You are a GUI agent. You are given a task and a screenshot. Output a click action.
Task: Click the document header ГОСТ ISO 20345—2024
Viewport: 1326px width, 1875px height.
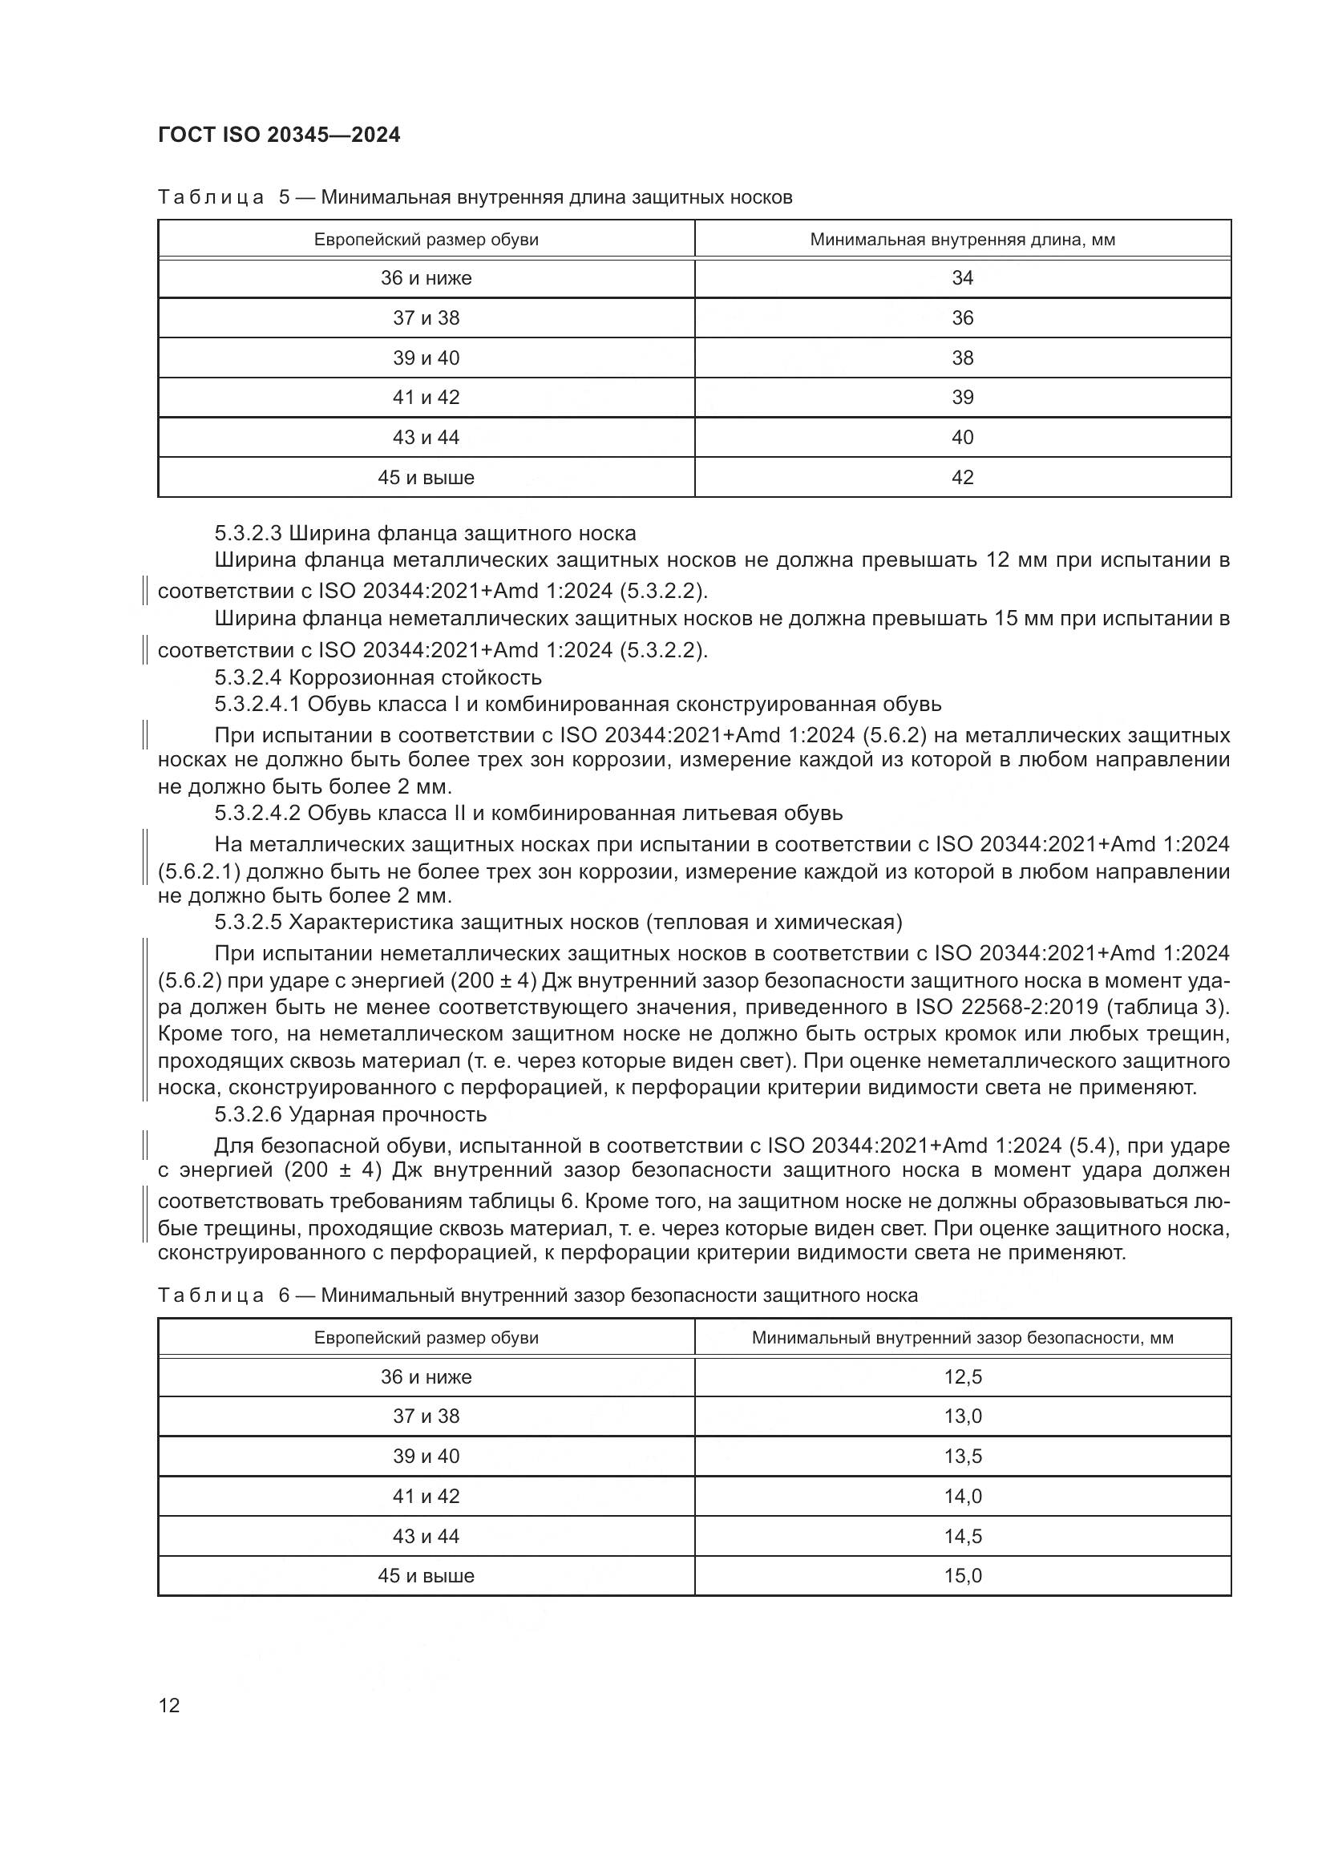[279, 135]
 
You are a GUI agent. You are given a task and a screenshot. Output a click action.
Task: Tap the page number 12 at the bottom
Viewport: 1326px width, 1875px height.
[169, 1705]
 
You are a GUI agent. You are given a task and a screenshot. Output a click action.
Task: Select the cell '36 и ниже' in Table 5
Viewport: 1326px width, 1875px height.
[427, 278]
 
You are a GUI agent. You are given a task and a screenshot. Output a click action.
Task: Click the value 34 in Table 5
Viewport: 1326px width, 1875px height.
[963, 278]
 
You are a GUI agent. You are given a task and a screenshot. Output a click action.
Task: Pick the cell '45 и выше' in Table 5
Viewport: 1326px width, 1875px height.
[427, 478]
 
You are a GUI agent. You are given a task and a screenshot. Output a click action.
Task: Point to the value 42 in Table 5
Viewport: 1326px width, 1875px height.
[963, 478]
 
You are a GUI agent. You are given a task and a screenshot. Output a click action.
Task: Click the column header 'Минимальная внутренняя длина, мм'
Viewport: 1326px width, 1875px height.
[963, 240]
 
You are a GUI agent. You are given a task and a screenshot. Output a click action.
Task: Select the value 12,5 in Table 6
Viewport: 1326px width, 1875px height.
[963, 1377]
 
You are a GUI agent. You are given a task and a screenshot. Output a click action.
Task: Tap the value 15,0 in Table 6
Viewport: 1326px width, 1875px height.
[963, 1576]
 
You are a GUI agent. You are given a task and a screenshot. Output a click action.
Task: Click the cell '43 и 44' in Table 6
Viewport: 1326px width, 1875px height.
[427, 1536]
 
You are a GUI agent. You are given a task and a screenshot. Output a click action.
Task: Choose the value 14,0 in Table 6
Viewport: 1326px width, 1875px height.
[963, 1496]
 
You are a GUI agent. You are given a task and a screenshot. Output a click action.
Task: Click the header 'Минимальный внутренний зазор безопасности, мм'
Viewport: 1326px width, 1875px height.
[963, 1338]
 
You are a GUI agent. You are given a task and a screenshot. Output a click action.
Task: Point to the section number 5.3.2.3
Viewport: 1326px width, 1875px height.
[249, 534]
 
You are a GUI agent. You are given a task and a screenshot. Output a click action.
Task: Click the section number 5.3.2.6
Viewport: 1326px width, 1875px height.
[249, 1115]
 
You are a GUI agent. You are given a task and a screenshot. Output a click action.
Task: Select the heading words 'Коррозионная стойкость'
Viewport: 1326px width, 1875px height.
[414, 678]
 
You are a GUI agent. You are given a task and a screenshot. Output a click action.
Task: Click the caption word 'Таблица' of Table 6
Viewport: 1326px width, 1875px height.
[211, 1295]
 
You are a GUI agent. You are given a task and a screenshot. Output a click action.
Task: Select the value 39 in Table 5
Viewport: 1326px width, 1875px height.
[963, 398]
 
